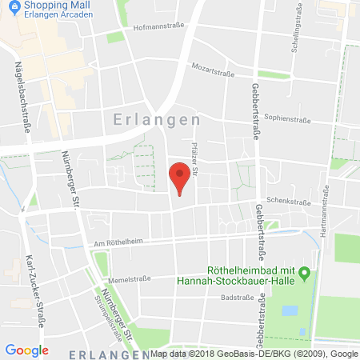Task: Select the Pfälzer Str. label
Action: click(x=194, y=155)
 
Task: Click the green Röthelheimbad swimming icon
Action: click(x=303, y=277)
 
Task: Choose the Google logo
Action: click(x=26, y=350)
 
